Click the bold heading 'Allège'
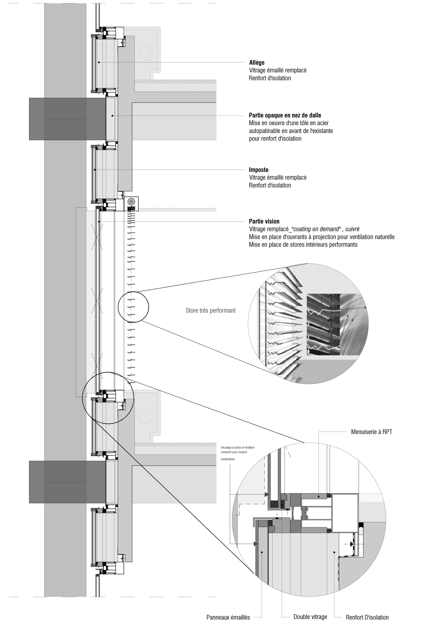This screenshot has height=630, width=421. coord(257,63)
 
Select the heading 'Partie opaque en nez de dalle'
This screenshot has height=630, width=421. coord(285,115)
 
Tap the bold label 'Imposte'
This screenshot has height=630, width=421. coord(258,170)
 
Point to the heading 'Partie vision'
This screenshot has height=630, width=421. coord(264,221)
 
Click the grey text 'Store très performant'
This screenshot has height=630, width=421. coord(210,311)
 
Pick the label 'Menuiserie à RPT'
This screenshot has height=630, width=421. coord(372,432)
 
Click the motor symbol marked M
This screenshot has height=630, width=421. coord(131,202)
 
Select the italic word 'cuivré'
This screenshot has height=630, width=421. coord(352,229)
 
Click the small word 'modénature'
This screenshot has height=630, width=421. coord(228,459)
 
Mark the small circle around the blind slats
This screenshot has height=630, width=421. coord(134,307)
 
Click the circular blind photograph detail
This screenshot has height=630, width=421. coord(308,323)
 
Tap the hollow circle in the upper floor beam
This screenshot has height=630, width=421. coord(146,53)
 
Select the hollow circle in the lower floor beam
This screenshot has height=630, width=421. coord(146,417)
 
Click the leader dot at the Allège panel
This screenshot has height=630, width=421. coord(99,62)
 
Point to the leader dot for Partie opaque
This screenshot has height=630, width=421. coord(112,115)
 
